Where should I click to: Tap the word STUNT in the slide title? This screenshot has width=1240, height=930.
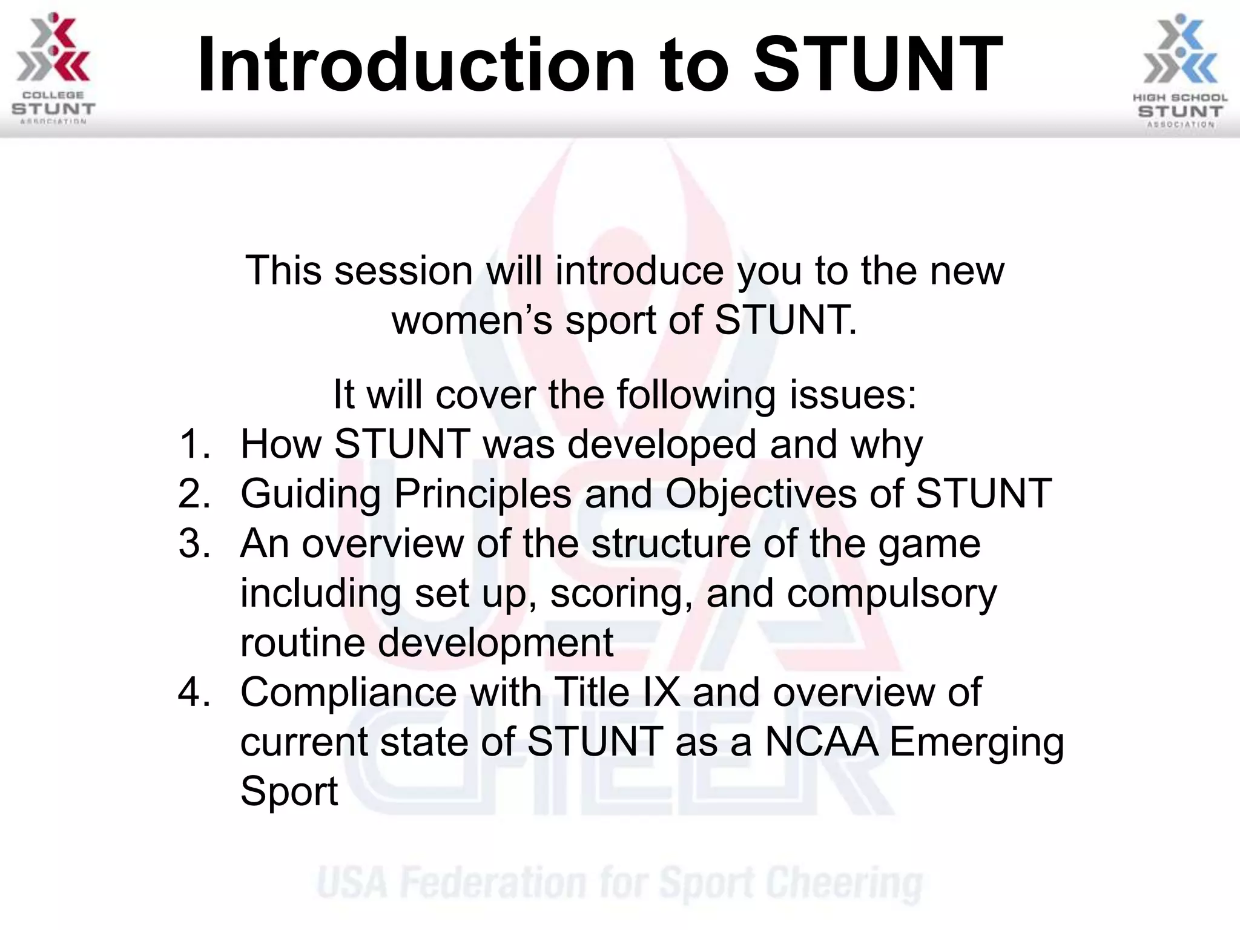(x=878, y=65)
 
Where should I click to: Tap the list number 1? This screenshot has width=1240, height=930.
(x=194, y=444)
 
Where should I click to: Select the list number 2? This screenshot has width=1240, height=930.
(x=194, y=494)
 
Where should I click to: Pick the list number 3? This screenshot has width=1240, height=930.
(x=194, y=544)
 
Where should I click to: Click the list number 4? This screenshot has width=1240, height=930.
(x=194, y=693)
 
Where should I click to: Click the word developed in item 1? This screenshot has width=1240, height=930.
(x=662, y=444)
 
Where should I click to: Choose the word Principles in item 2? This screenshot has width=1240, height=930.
(x=483, y=494)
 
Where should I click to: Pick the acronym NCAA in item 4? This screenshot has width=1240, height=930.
(x=821, y=742)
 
